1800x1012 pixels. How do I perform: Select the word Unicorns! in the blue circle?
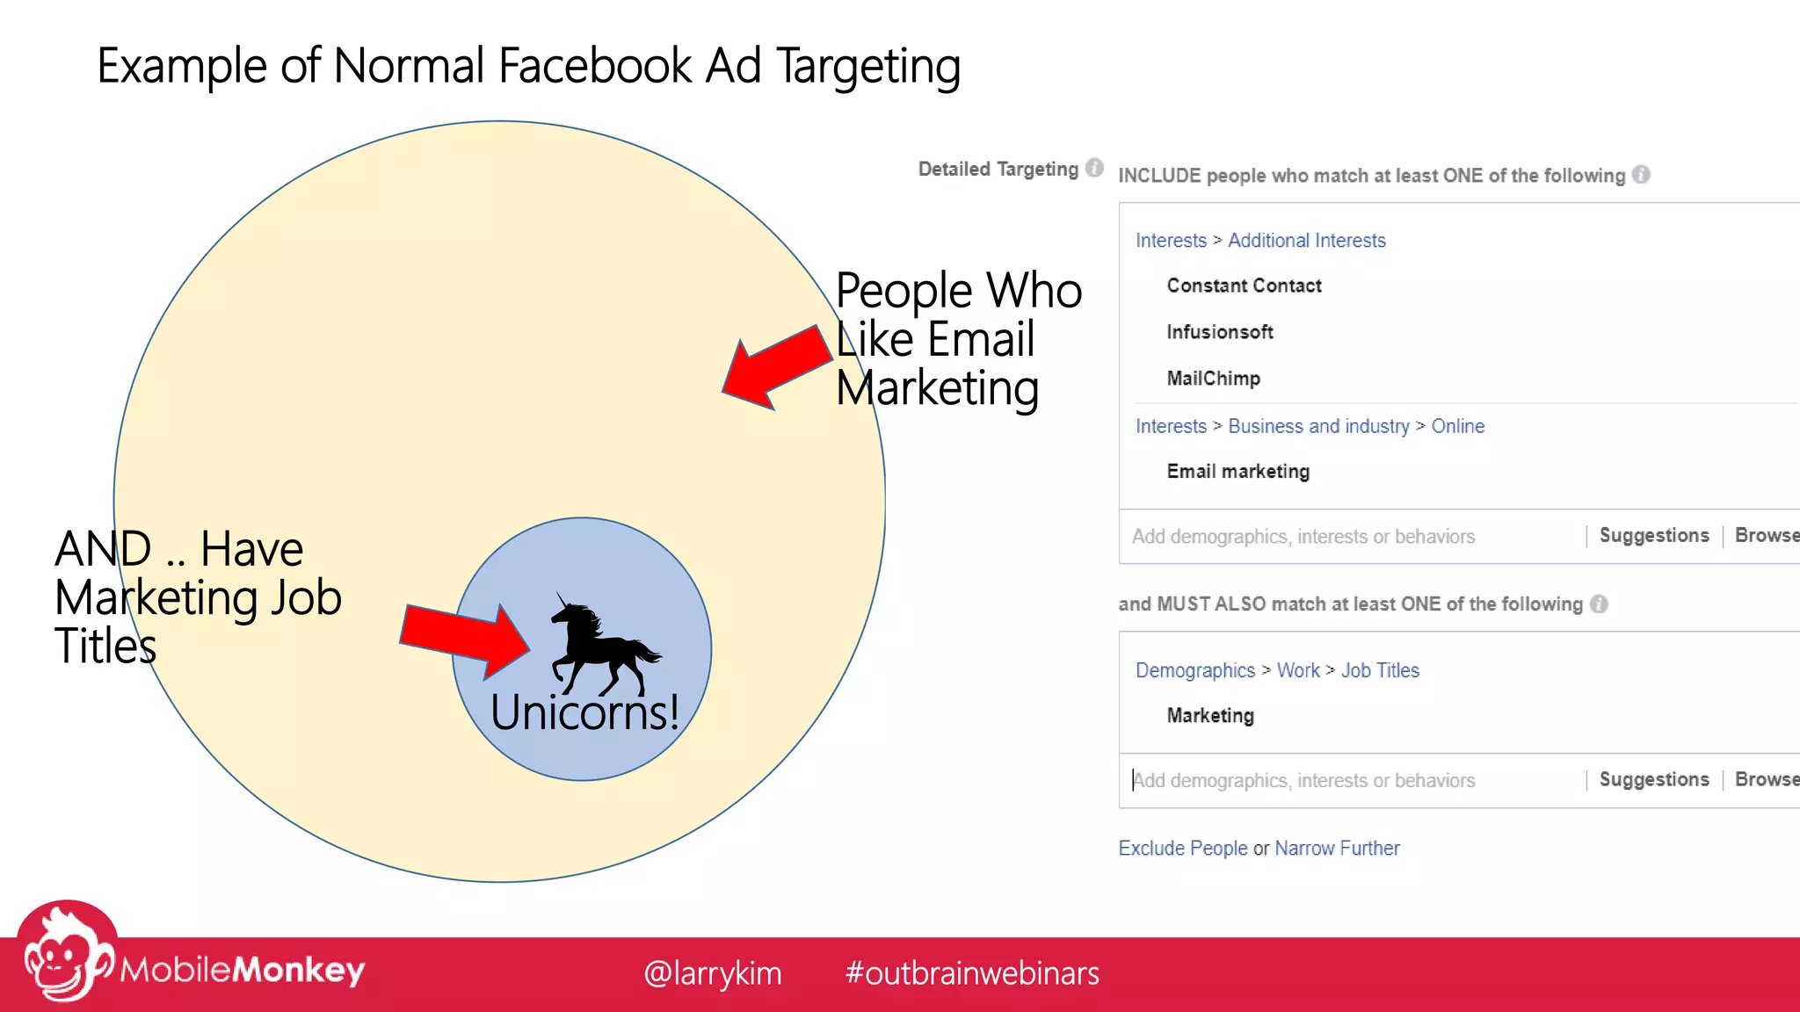[584, 712]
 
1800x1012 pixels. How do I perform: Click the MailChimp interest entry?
[1213, 379]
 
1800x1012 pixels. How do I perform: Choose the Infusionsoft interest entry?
[1219, 332]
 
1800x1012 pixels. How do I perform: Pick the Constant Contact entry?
[1244, 286]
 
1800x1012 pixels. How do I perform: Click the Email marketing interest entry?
[1237, 472]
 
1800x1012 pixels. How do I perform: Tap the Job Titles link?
[1380, 670]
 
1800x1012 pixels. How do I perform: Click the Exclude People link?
[1182, 849]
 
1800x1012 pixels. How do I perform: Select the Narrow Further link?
[1337, 849]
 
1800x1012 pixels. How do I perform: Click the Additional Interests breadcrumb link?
[1306, 241]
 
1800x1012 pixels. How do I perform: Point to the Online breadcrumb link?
[1457, 426]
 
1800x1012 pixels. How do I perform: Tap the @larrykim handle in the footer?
[712, 973]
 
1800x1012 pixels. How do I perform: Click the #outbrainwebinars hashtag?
[971, 973]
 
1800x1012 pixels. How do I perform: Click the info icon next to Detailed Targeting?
[1094, 168]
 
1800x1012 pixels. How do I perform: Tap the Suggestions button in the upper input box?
[1653, 536]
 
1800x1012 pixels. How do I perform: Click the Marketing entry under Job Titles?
[1210, 716]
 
